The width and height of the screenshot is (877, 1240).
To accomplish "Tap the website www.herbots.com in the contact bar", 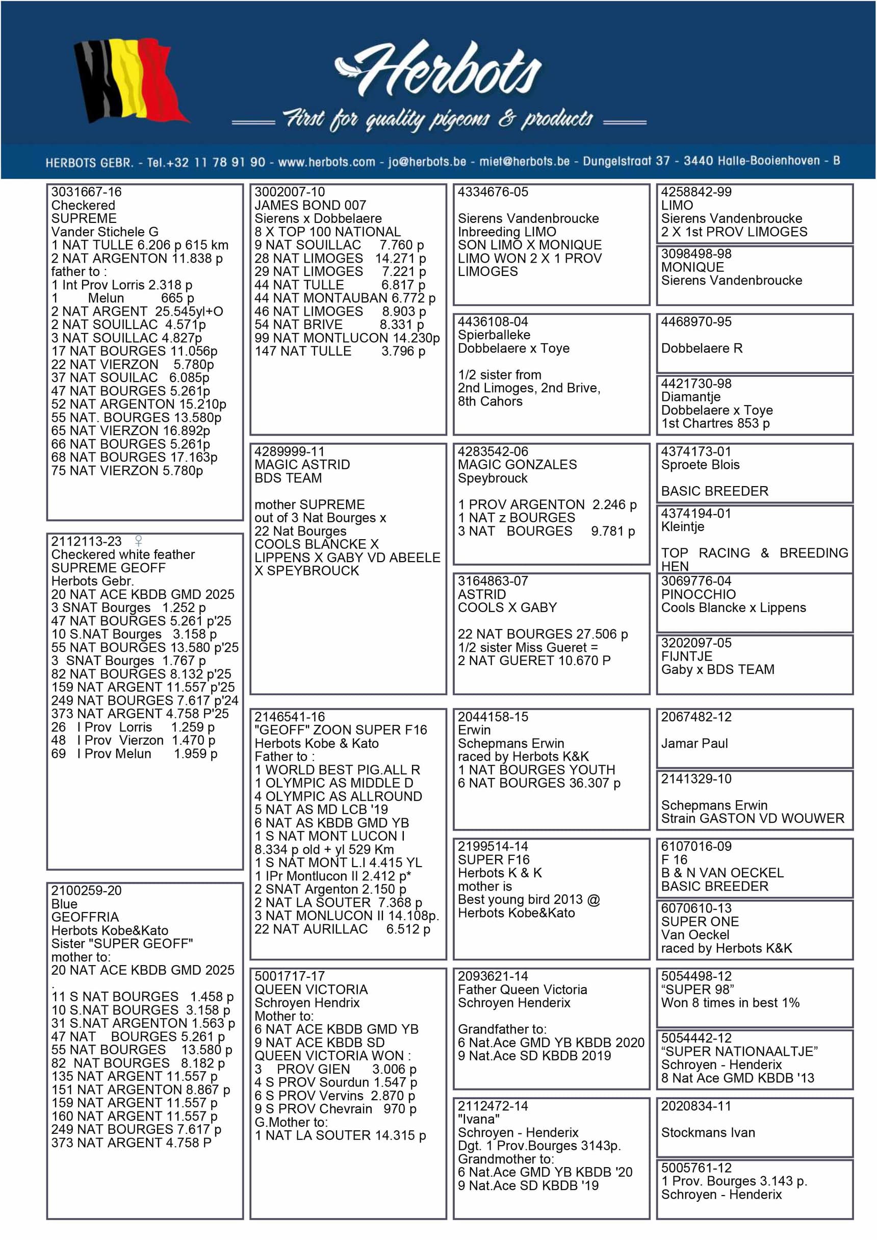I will (x=326, y=162).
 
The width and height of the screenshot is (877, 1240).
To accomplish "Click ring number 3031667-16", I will (x=86, y=192).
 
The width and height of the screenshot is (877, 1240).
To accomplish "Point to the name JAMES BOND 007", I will (x=310, y=205).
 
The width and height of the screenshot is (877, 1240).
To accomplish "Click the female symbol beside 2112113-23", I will (x=139, y=541).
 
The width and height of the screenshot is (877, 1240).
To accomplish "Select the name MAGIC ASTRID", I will (x=302, y=465).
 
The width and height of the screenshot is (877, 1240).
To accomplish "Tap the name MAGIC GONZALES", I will (x=517, y=465).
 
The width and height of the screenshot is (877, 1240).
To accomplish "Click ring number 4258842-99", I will (x=696, y=192).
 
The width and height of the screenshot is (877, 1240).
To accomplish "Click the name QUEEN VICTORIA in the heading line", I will (x=311, y=990).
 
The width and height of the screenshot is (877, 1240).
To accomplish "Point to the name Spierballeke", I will (x=494, y=335).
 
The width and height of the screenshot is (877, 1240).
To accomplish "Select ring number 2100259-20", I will (x=86, y=890).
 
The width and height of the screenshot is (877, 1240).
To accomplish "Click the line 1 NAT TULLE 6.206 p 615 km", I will (x=139, y=245).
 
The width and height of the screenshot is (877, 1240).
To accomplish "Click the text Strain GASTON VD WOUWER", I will (x=752, y=818).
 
